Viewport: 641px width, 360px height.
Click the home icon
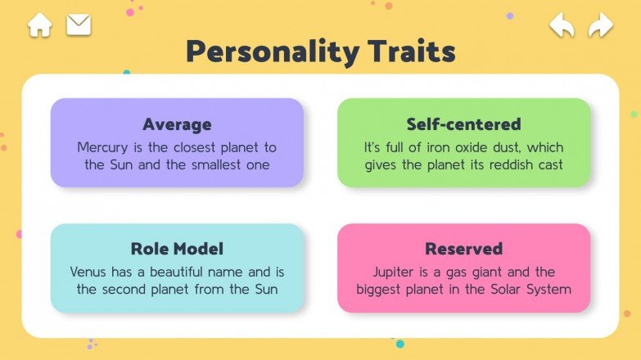(x=39, y=25)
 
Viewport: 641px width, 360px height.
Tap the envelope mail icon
(x=79, y=25)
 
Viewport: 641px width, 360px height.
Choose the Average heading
(x=177, y=124)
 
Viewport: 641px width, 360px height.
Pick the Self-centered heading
(x=463, y=124)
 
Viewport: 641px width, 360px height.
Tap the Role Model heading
(x=177, y=249)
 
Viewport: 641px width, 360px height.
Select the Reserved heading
(x=463, y=249)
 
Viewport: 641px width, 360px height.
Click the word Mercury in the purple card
(x=105, y=147)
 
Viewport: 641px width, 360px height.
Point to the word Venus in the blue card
(x=90, y=272)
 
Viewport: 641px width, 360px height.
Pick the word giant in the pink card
(x=488, y=272)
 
